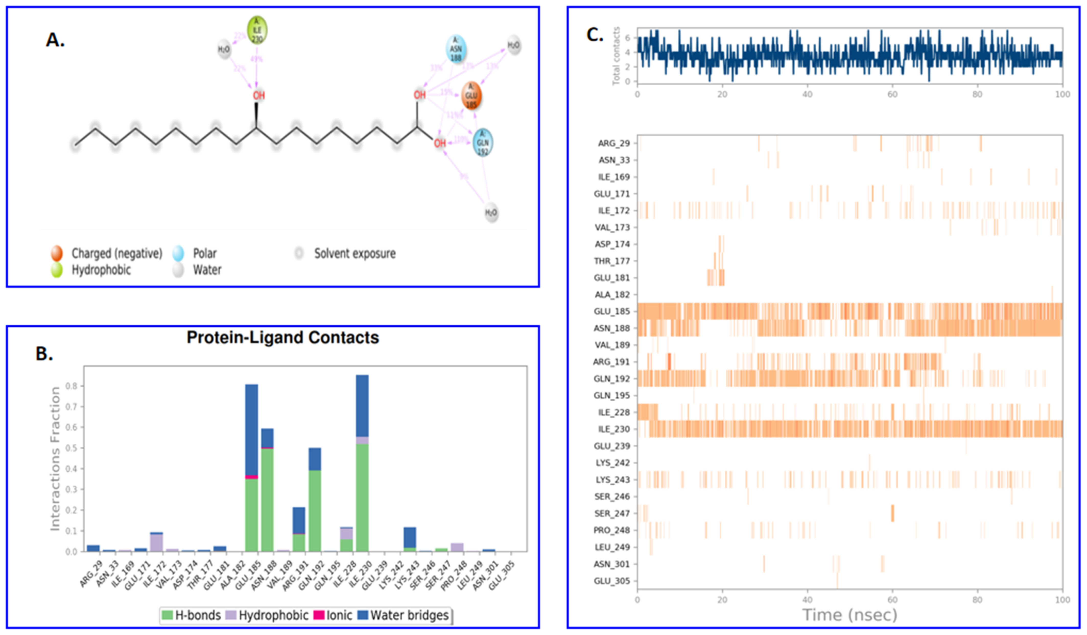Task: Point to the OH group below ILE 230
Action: pyautogui.click(x=259, y=95)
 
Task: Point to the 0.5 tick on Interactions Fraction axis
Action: pyautogui.click(x=71, y=448)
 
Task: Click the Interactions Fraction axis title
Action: pyautogui.click(x=55, y=458)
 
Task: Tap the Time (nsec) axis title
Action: pyautogui.click(x=849, y=615)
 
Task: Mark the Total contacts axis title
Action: pyautogui.click(x=616, y=56)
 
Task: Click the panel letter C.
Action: pyautogui.click(x=594, y=35)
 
